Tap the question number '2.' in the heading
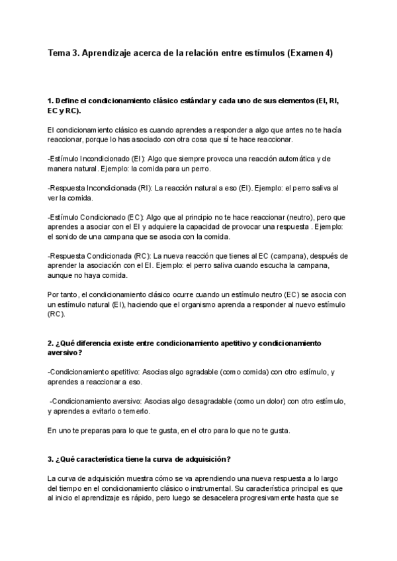[x=51, y=344]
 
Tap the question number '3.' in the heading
[x=51, y=460]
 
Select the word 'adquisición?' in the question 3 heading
[x=208, y=460]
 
